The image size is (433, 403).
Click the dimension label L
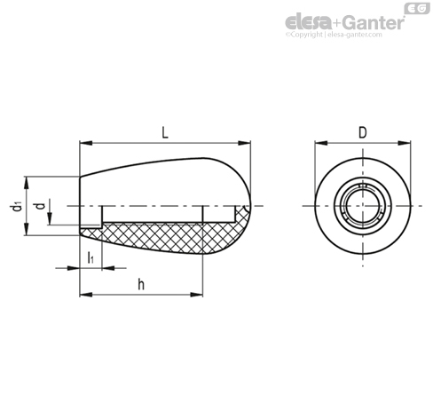coord(166,132)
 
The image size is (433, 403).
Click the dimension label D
coord(361,132)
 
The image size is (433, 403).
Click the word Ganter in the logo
coord(370,21)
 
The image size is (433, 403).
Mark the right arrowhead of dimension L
coord(248,142)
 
